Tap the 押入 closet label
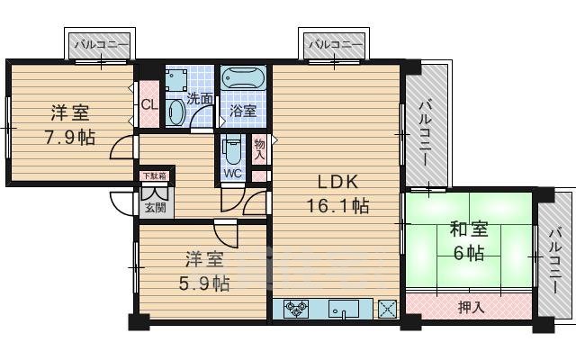(471, 308)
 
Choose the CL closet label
(149, 104)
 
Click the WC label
(232, 174)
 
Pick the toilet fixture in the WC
(233, 146)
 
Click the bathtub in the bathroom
(243, 79)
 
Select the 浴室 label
(242, 111)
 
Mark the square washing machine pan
(176, 79)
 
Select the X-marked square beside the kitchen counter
(388, 309)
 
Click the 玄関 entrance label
(155, 209)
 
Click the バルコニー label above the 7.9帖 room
(99, 43)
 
